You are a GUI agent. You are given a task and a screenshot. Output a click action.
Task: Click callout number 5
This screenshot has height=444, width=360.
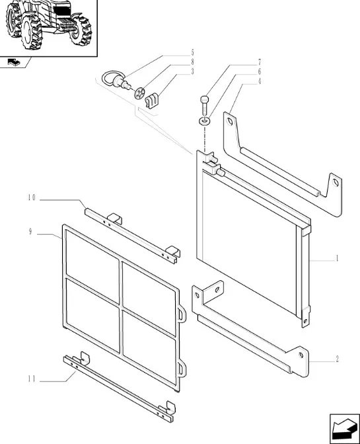192,53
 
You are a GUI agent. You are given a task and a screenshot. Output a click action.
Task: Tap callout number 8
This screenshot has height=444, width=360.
192,62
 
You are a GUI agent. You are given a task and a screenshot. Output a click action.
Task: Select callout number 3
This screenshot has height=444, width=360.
192,71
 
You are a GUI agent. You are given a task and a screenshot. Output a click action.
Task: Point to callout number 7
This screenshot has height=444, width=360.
259,62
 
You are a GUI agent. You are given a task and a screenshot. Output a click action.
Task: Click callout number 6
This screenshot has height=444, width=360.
259,71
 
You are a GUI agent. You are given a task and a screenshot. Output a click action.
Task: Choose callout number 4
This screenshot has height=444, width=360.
259,81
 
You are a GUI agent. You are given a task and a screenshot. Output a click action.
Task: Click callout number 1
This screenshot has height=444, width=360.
337,258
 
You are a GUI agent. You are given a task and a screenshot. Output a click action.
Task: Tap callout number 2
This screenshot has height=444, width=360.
337,359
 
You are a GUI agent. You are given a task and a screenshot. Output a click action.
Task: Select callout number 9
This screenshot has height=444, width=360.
30,232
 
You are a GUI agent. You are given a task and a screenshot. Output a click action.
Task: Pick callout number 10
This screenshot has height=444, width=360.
32,198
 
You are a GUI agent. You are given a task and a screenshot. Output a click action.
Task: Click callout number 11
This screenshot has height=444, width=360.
32,379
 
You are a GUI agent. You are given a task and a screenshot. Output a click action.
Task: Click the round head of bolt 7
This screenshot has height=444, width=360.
204,100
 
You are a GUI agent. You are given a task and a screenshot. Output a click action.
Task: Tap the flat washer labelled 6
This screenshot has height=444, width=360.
204,121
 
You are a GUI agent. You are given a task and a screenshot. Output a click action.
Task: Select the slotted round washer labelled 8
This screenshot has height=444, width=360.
139,93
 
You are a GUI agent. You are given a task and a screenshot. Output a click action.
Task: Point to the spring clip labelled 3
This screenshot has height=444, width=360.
152,102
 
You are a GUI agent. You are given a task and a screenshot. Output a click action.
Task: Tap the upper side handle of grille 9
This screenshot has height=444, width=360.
183,314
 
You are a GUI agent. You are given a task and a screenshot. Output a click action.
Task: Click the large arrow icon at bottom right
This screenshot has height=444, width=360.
345,429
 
